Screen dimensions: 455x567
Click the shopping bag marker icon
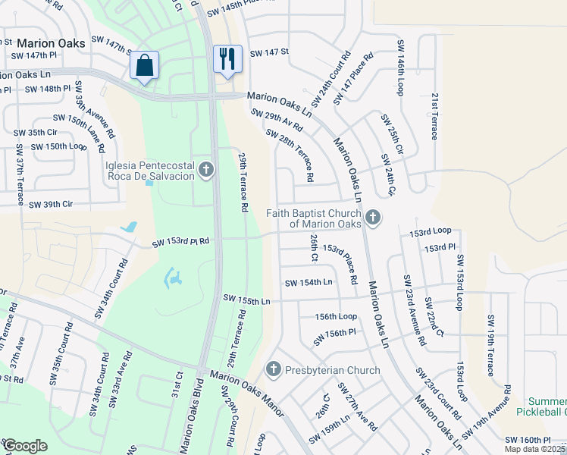click(x=145, y=65)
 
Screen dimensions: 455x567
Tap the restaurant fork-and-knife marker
click(x=227, y=59)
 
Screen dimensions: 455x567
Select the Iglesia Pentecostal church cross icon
click(x=206, y=171)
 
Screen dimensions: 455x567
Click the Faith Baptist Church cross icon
click(x=371, y=218)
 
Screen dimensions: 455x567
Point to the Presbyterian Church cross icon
click(x=274, y=370)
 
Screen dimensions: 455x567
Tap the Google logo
click(x=25, y=445)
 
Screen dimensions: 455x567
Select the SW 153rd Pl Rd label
click(x=180, y=243)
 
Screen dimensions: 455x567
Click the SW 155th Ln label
click(x=246, y=301)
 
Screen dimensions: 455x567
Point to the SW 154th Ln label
click(x=309, y=283)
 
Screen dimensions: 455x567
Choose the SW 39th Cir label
click(x=51, y=205)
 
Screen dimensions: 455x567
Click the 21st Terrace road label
click(x=434, y=117)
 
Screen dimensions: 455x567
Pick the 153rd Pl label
click(x=440, y=248)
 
